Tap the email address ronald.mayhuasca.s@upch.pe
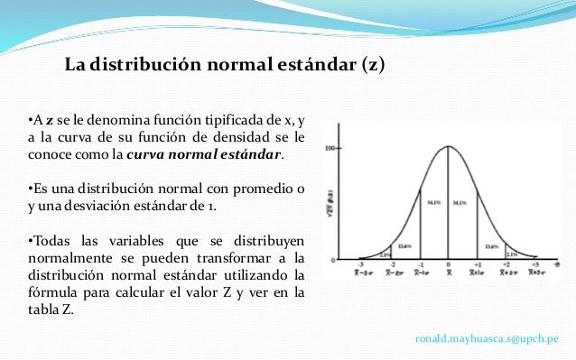(487, 337)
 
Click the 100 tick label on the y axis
(330, 147)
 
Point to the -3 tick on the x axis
(360, 265)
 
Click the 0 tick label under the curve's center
(448, 265)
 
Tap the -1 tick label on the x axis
(419, 265)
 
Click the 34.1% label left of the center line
(433, 203)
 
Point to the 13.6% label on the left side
(404, 245)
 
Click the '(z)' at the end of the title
(372, 66)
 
